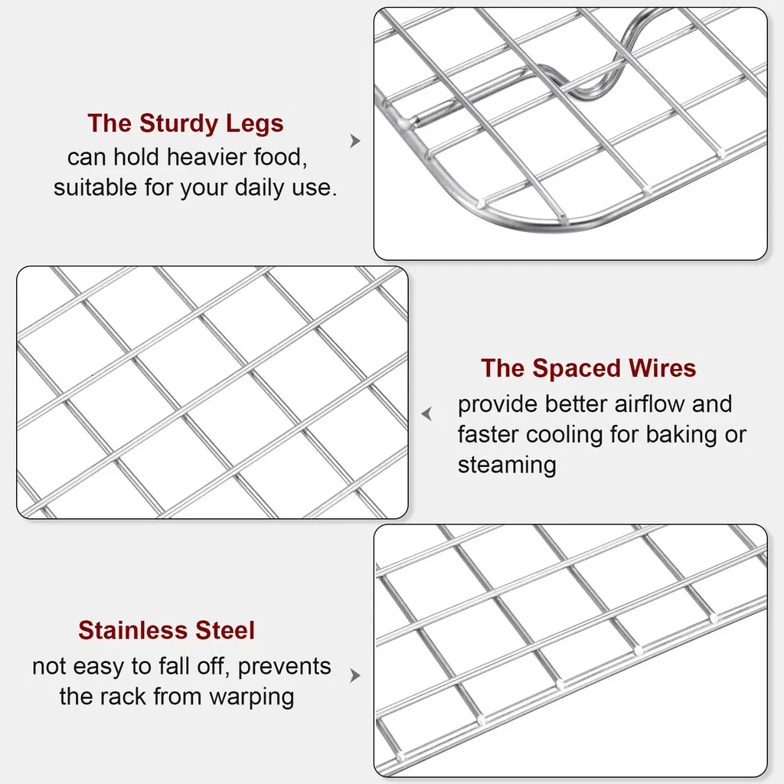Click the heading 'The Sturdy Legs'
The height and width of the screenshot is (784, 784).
(185, 123)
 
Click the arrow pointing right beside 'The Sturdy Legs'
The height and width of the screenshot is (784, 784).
(355, 141)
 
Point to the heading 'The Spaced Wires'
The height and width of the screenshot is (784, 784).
(588, 368)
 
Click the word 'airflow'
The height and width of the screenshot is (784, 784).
(649, 403)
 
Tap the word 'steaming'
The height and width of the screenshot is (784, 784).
(507, 465)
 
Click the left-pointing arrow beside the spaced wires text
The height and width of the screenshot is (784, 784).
(426, 413)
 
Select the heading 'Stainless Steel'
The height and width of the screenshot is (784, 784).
(166, 630)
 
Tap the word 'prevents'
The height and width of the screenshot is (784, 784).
(284, 667)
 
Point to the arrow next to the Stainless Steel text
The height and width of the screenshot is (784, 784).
(355, 675)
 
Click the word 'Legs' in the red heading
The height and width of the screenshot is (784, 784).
(254, 124)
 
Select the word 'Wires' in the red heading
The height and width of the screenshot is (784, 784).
(662, 368)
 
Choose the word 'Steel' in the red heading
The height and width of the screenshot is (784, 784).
(225, 630)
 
